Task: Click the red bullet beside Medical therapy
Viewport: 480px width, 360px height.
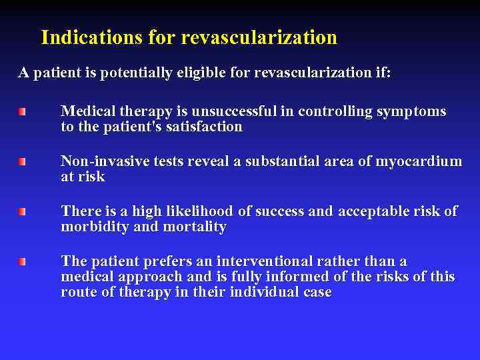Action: [22, 111]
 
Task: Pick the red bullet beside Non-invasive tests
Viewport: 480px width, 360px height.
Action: [22, 161]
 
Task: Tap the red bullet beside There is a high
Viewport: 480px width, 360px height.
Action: [22, 211]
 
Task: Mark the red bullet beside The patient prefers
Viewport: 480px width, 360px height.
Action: [22, 261]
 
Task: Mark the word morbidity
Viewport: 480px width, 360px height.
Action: [91, 227]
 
